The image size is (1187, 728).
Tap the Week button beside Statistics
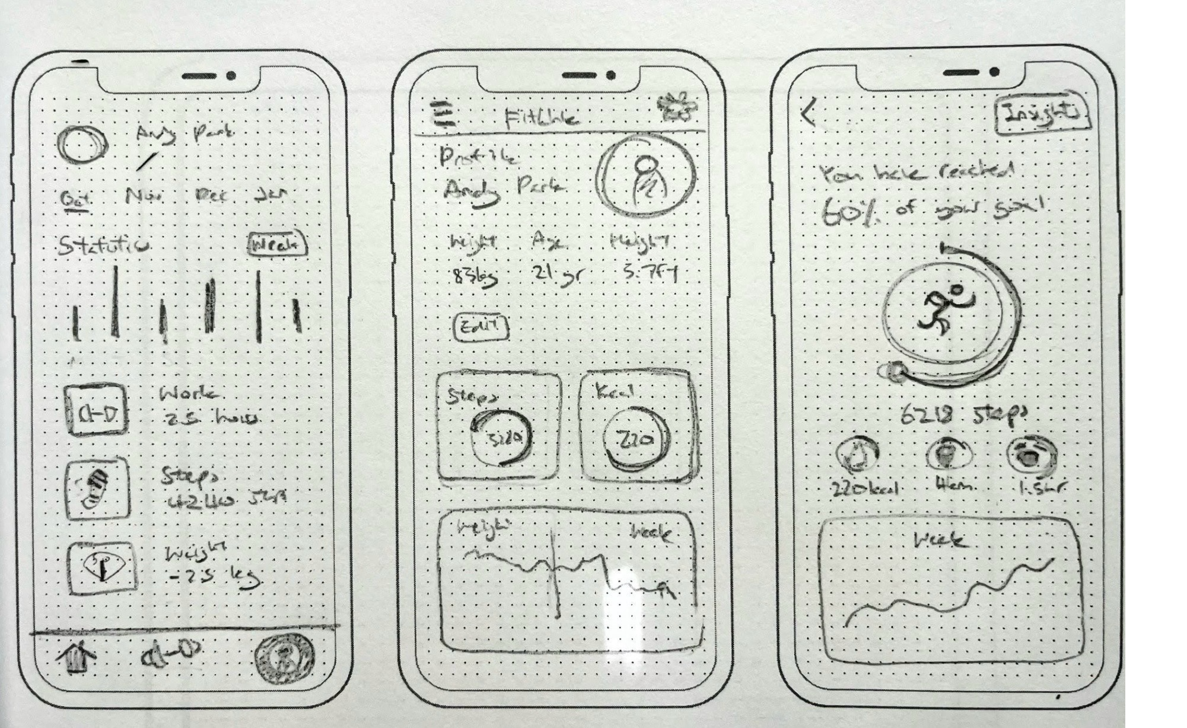[278, 245]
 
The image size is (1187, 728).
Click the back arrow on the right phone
[808, 113]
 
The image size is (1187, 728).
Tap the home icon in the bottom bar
[74, 658]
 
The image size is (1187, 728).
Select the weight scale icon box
[101, 568]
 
